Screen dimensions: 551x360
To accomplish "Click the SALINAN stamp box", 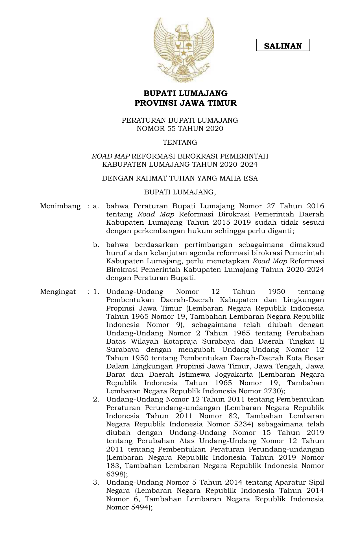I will click(x=283, y=45).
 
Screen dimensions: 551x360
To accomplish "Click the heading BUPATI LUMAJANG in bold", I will click(x=186, y=93).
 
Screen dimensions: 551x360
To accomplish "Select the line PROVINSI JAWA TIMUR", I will click(x=186, y=103).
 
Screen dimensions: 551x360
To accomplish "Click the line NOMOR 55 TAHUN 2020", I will click(x=180, y=129).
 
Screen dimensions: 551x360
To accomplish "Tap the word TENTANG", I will click(x=180, y=142).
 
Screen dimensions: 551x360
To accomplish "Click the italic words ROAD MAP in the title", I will click(x=111, y=156).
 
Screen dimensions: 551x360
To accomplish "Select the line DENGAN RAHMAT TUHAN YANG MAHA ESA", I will click(x=180, y=178).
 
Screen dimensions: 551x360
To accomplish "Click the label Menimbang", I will click(x=60, y=206).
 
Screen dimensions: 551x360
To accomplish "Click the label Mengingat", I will click(x=58, y=292).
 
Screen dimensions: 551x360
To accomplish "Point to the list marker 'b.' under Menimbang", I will click(x=96, y=245).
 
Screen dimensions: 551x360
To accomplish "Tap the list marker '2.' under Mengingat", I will click(x=96, y=399).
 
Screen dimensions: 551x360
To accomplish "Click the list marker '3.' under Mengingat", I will click(x=96, y=482).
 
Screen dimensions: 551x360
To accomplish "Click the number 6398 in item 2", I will click(x=114, y=474).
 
